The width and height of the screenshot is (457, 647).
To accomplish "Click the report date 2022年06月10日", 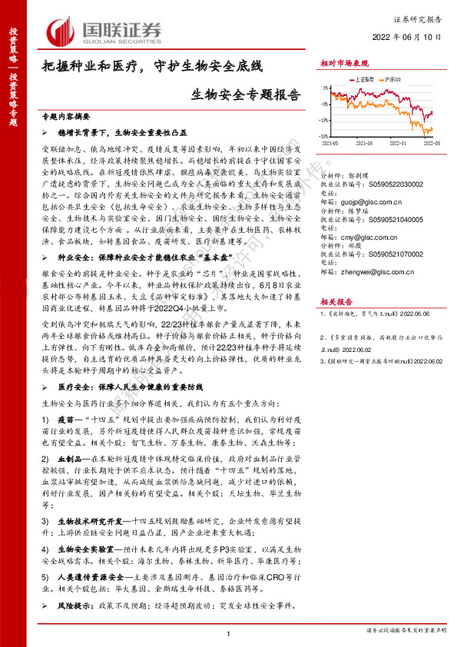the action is [408, 36].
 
